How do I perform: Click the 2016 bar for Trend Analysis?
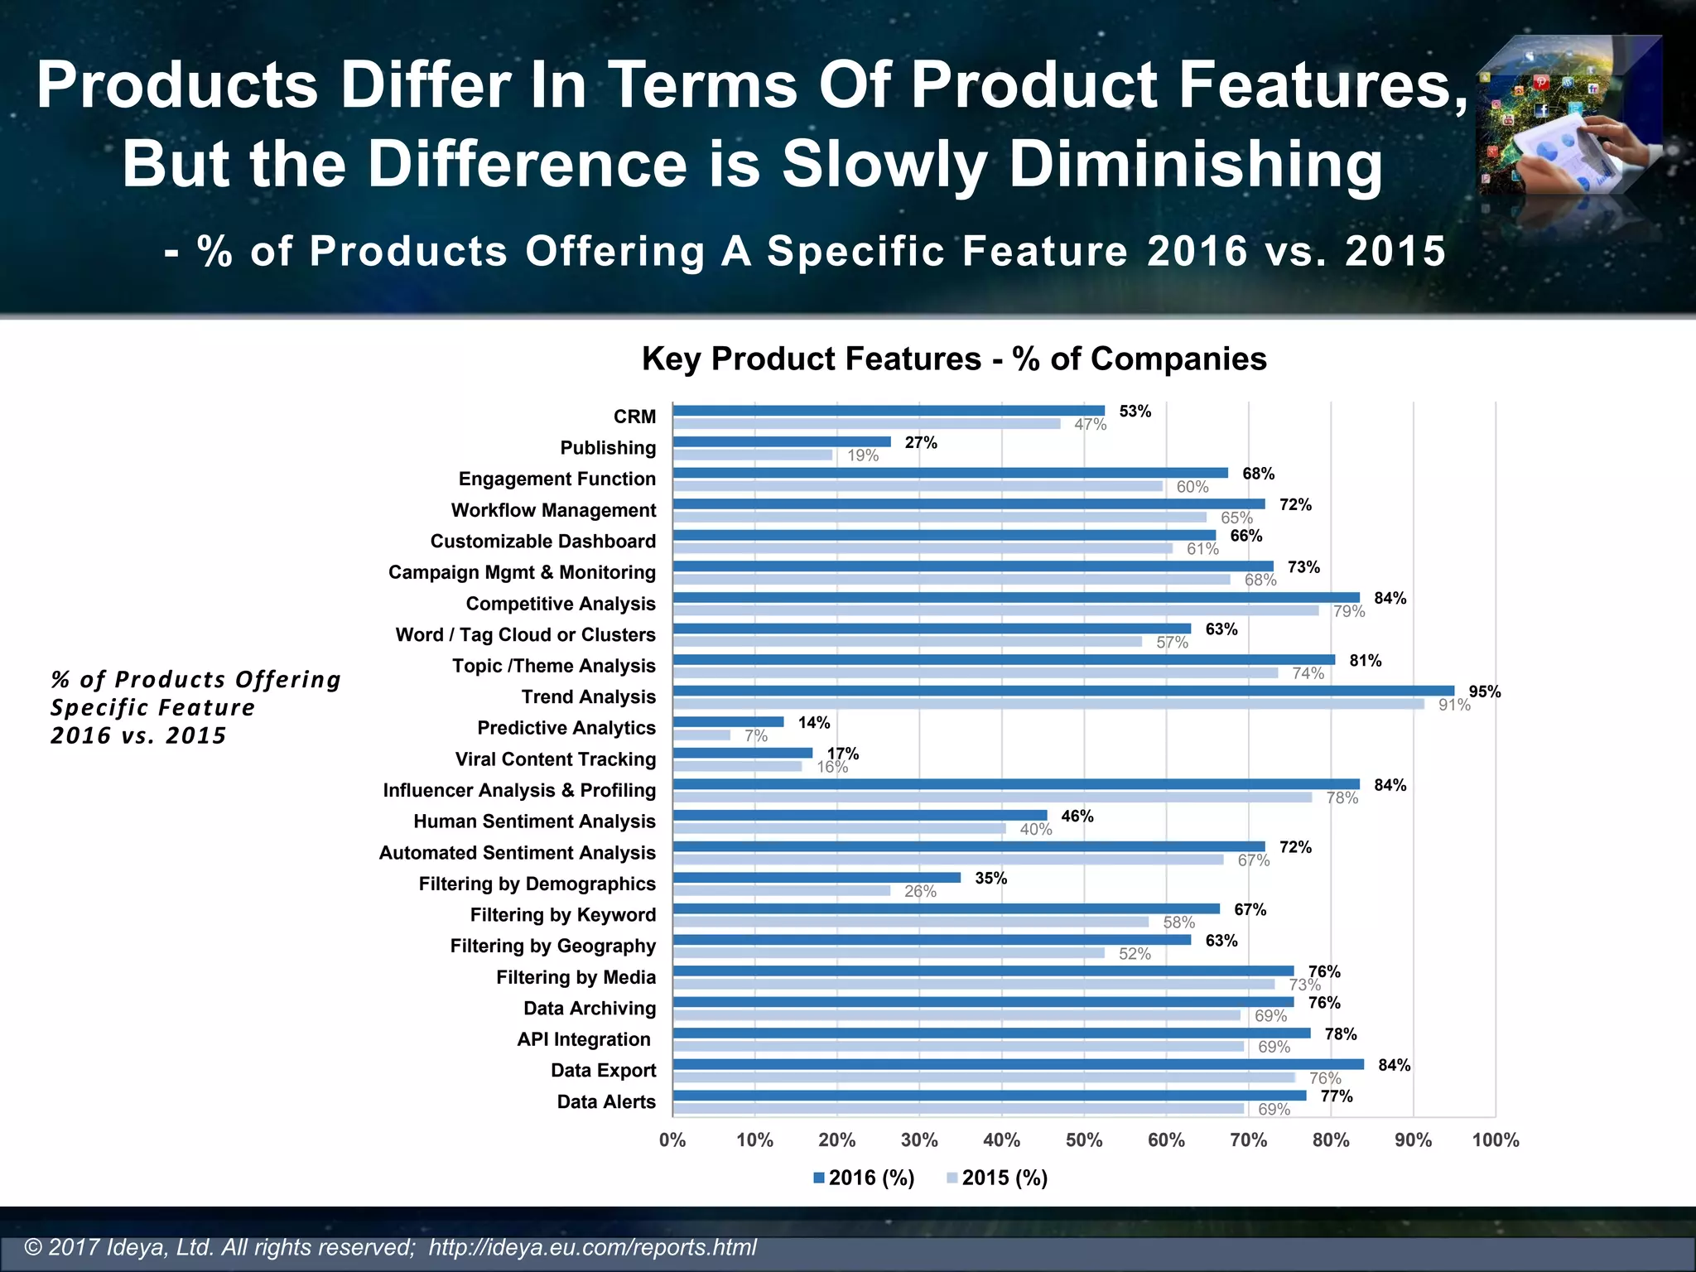(x=1063, y=691)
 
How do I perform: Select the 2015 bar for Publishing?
(x=753, y=455)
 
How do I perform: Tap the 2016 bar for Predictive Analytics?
(x=728, y=722)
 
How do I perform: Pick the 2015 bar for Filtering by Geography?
(x=889, y=953)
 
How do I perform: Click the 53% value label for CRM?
(x=1135, y=412)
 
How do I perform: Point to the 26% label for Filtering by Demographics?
(x=920, y=892)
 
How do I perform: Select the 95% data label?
(x=1484, y=691)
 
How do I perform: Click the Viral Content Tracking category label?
(x=555, y=759)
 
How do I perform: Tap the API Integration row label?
(x=584, y=1039)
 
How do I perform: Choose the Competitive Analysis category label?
(x=561, y=604)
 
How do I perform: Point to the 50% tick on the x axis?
(x=1084, y=1140)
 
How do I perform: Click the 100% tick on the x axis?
(x=1495, y=1140)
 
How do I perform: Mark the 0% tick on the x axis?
(x=672, y=1140)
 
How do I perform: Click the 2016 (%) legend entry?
(x=865, y=1178)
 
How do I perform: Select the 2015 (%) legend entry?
(x=997, y=1178)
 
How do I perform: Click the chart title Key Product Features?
(x=954, y=359)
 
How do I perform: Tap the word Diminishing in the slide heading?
(x=1195, y=164)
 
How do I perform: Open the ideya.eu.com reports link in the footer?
(x=592, y=1247)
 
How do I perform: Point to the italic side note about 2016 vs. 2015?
(x=195, y=707)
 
